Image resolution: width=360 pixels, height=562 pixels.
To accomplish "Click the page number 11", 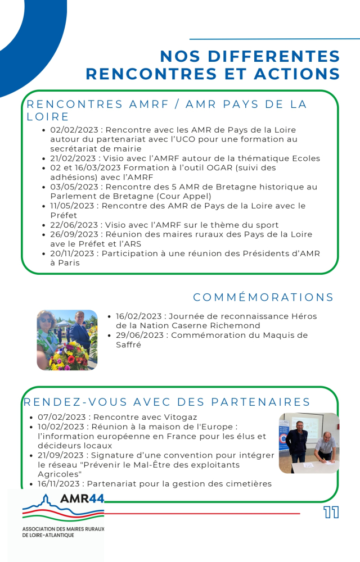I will tap(331, 513).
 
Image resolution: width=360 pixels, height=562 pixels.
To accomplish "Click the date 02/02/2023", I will tap(70, 130).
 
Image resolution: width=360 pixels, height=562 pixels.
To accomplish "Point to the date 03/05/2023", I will tap(70, 187).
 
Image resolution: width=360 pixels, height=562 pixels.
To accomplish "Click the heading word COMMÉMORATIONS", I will tap(263, 297).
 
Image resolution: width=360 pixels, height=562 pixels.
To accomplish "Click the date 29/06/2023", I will tap(136, 336).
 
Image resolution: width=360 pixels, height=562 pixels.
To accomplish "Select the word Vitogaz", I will tap(181, 418).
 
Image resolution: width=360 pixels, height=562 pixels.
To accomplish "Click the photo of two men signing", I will tap(308, 443).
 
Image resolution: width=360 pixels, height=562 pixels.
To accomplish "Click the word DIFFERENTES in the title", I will tap(250, 56).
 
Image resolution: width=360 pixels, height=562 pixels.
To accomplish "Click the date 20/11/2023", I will tap(70, 253).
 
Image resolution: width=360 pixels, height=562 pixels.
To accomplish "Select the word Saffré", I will tap(128, 345).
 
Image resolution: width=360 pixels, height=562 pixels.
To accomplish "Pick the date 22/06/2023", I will tap(70, 225).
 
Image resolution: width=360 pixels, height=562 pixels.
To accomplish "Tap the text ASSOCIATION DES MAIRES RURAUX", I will tap(63, 529).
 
